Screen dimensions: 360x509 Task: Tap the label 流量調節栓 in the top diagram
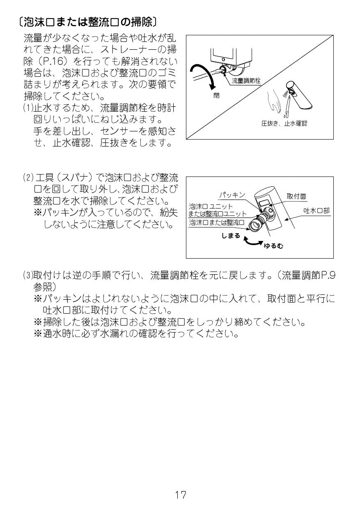point(246,81)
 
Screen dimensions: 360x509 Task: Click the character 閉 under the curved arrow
point(216,95)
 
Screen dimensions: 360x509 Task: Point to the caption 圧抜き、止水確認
point(284,124)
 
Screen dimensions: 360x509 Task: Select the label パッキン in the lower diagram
point(232,195)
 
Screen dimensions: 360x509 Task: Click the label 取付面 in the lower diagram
point(296,196)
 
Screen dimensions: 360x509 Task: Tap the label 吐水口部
point(316,211)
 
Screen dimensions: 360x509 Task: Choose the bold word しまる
point(231,236)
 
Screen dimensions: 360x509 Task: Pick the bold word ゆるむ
point(273,246)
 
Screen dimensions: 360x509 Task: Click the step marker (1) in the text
point(28,108)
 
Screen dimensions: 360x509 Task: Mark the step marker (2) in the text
point(28,177)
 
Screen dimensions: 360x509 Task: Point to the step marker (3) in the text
point(28,275)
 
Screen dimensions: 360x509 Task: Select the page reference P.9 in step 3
point(328,275)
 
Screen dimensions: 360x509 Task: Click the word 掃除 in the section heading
point(141,22)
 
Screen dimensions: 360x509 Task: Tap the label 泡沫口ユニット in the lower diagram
point(211,206)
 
